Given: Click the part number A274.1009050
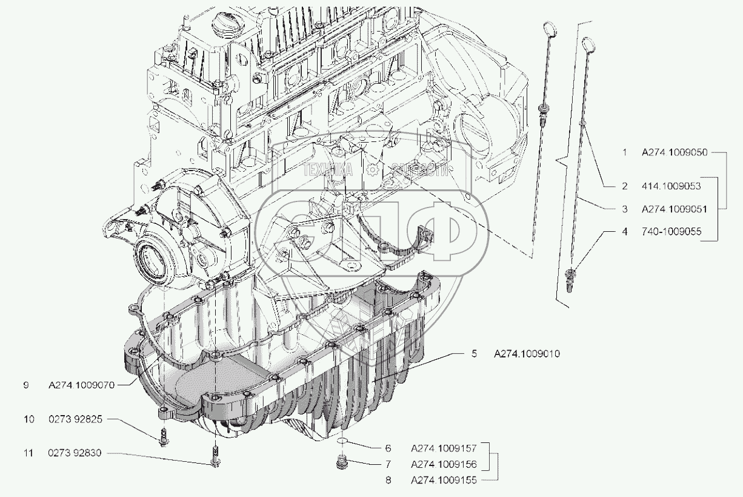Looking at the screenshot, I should pos(675,153).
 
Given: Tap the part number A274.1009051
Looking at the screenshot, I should pos(675,208).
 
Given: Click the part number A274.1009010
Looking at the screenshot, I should pos(526,353).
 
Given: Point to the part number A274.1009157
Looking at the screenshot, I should pos(444,449).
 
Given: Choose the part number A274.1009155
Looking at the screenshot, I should pos(444,480).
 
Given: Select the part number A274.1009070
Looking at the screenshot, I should pos(90,385).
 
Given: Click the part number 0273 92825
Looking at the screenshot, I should pos(76,419).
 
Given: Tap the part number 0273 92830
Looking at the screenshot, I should pos(76,453).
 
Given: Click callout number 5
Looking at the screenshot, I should pos(475,353).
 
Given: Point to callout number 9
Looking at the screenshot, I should pos(26,385).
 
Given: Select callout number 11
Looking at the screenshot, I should pos(26,453).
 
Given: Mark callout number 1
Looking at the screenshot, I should pos(624,153).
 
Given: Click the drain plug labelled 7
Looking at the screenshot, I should pos(342,465).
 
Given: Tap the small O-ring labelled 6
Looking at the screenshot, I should pos(342,441).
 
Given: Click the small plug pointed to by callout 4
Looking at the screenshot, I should pos(569,280).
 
